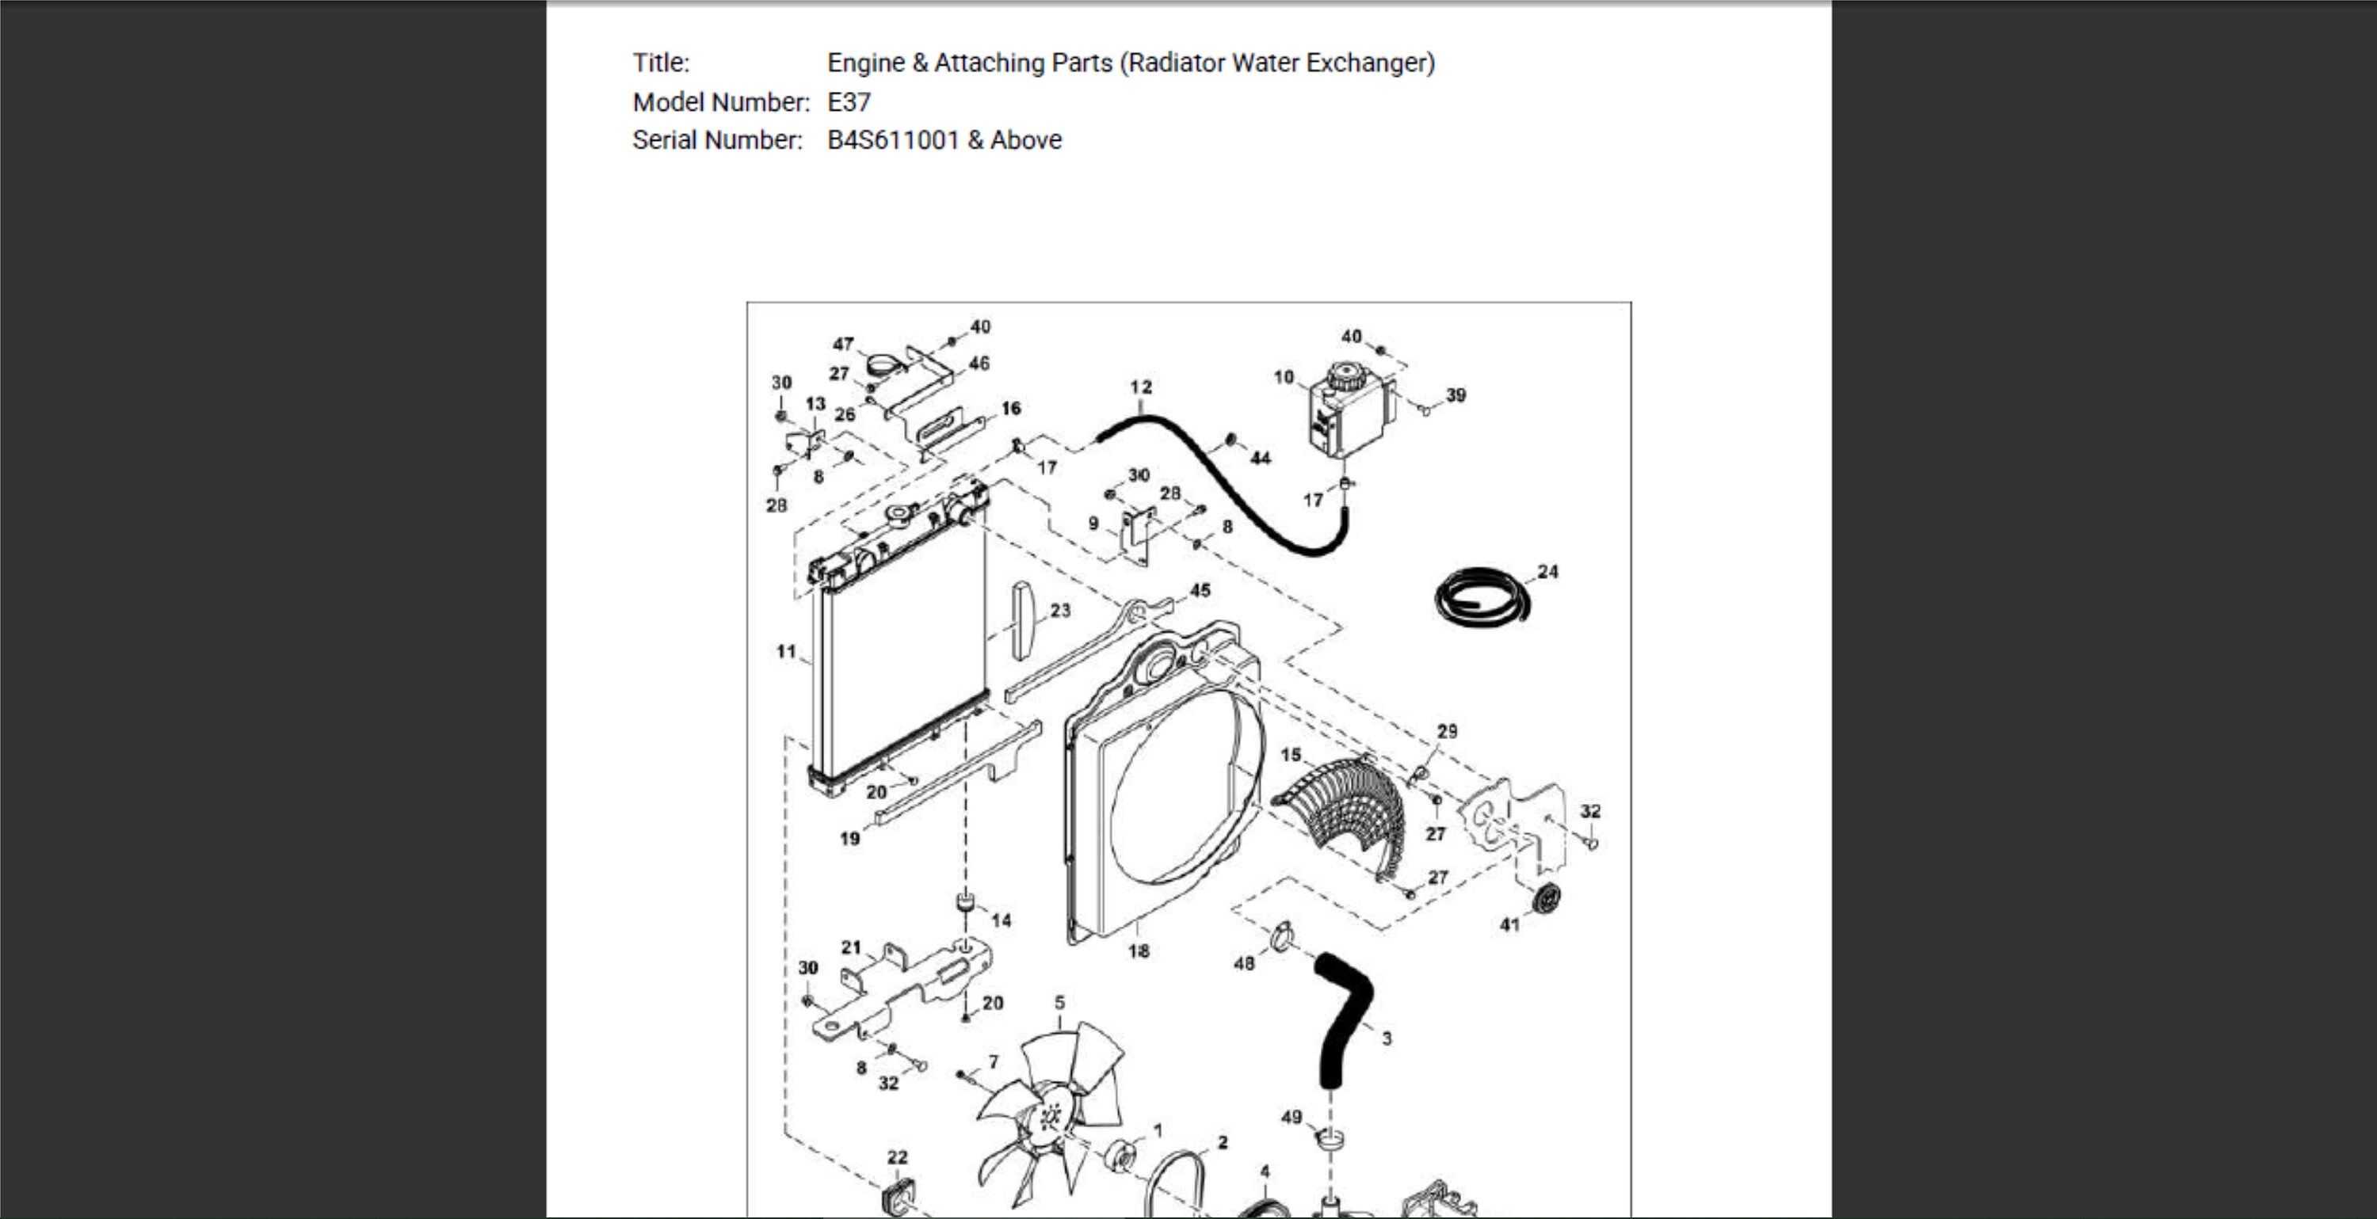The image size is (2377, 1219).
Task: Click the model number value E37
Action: [x=849, y=101]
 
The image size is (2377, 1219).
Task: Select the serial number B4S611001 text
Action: [x=893, y=140]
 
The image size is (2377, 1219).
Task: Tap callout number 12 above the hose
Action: [x=1140, y=387]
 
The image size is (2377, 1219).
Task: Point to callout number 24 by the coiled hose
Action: [x=1547, y=571]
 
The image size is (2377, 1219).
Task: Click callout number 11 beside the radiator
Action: [x=785, y=652]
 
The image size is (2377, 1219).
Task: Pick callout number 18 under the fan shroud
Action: [x=1139, y=950]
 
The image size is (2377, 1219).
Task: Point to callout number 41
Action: [x=1509, y=924]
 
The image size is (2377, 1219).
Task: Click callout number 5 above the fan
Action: [x=1059, y=1002]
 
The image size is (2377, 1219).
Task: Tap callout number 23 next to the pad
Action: [x=1060, y=610]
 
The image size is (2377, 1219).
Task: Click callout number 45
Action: [x=1200, y=589]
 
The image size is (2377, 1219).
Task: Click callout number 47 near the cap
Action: [x=843, y=345]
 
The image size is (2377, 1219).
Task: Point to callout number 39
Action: [x=1456, y=395]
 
